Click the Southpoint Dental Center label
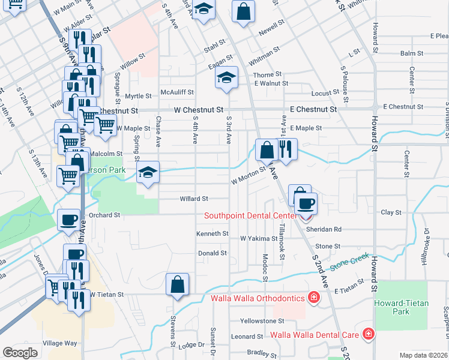coord(250,216)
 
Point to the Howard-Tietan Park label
coord(401,307)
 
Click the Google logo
coord(20,352)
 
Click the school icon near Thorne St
coord(226,77)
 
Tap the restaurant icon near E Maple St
coord(286,149)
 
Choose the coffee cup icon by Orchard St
coord(68,220)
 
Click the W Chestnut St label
coord(199,110)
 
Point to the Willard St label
coord(194,199)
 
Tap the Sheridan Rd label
coord(324,229)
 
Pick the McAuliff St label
coord(177,92)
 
